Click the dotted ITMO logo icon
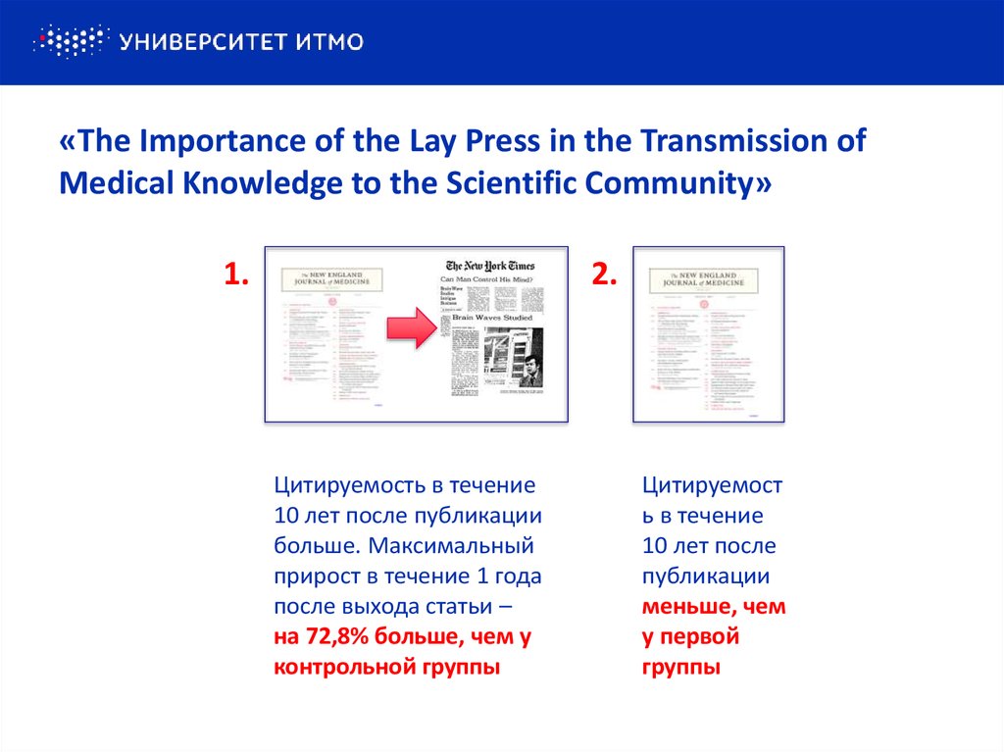click(x=69, y=41)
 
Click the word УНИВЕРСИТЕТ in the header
click(x=197, y=41)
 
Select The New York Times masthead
click(x=490, y=266)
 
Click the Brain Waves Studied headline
click(x=492, y=319)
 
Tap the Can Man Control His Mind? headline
click(x=491, y=280)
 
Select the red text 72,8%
click(x=337, y=637)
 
